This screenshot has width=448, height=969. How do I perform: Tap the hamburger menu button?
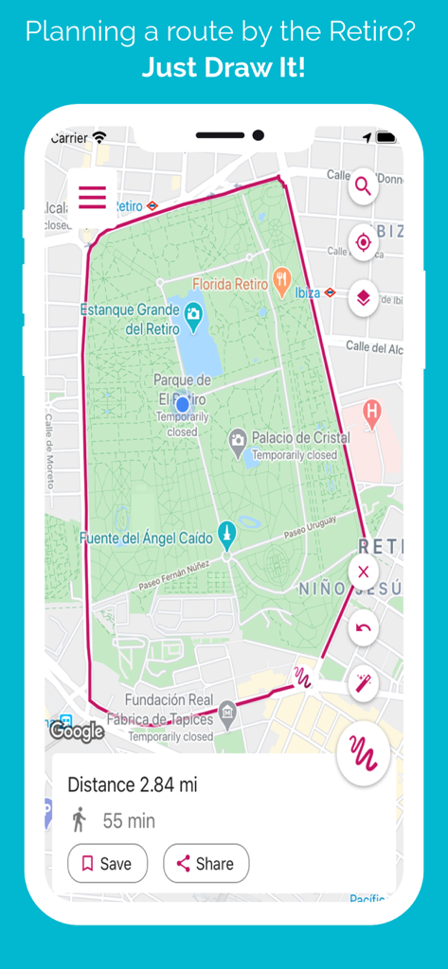92,198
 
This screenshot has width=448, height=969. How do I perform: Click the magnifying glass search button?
363,186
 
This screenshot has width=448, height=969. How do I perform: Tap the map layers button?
363,299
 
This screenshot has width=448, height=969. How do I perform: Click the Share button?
206,863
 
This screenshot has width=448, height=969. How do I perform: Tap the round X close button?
363,573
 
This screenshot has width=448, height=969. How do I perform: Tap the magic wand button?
363,683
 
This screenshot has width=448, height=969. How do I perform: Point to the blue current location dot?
183,404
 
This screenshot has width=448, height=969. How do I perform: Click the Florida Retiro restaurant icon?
281,281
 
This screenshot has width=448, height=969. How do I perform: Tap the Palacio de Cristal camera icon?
238,439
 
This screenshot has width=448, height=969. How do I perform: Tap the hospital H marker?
372,412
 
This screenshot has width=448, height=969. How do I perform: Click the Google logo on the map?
77,731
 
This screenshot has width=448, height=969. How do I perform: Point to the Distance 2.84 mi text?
133,784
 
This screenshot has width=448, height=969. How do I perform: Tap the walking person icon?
80,819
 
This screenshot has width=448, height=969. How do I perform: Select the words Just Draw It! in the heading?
224,68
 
